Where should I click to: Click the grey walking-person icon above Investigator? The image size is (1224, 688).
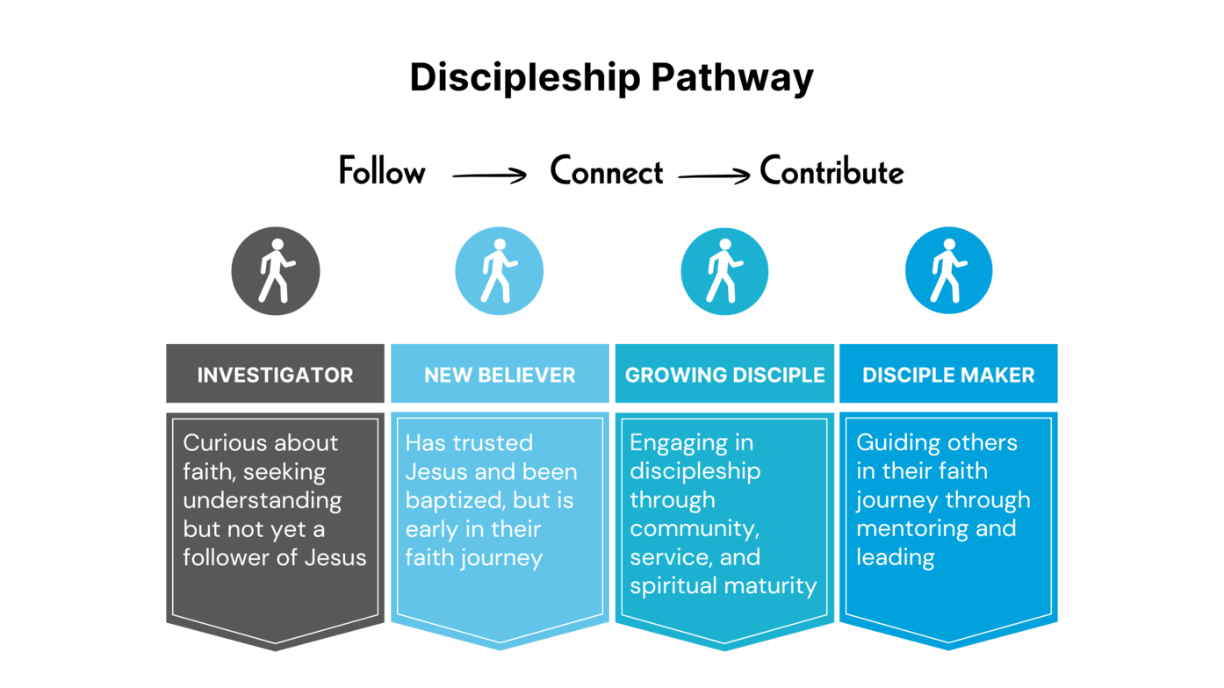[276, 271]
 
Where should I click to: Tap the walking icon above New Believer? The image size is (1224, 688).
[500, 271]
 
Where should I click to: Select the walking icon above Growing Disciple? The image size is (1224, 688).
[724, 271]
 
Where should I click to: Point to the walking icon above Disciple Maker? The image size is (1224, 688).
[948, 271]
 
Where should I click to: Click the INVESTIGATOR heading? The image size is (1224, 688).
[276, 375]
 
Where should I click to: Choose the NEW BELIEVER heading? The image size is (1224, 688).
[500, 375]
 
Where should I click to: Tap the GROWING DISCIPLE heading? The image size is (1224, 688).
[724, 375]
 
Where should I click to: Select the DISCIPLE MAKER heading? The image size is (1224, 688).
[948, 375]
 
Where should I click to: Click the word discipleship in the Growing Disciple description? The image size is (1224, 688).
[695, 471]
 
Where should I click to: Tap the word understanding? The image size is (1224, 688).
[262, 500]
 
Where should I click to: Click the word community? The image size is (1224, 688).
[694, 529]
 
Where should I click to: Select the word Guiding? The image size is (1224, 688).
[893, 442]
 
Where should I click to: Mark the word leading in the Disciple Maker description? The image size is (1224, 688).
[895, 557]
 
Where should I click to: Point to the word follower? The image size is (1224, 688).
[224, 557]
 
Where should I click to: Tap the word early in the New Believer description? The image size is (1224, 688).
[430, 529]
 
